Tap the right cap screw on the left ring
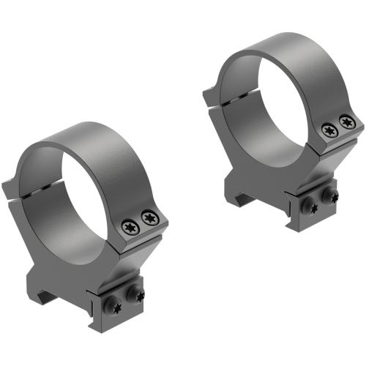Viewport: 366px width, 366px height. pos(150,217)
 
